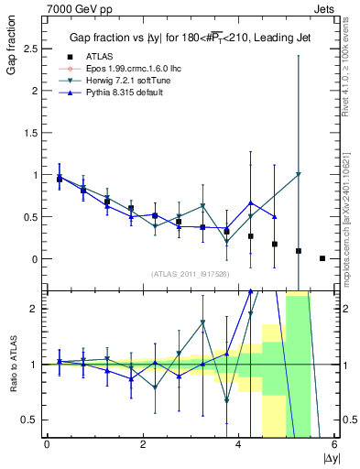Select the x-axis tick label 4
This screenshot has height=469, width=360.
tap(238, 444)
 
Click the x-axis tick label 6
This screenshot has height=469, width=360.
tap(334, 444)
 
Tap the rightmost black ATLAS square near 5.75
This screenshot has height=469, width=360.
tap(322, 258)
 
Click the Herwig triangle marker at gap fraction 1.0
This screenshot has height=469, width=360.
tap(299, 174)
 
